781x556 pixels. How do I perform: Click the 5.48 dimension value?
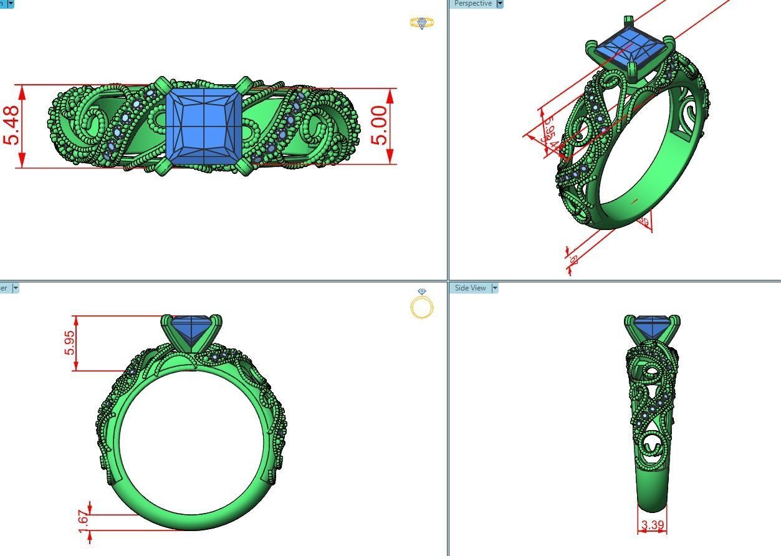[11, 126]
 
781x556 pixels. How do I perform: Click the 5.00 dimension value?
[380, 125]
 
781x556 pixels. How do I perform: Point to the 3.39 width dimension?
[652, 525]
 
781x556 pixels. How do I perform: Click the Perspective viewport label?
[472, 4]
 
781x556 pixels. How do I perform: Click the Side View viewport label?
[470, 288]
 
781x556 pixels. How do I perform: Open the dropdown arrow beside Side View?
[495, 288]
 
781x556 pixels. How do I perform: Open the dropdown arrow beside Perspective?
[499, 4]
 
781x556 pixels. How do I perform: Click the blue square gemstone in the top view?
[204, 127]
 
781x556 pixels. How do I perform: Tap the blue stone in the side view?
[651, 327]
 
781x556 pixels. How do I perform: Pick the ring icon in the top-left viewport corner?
[422, 23]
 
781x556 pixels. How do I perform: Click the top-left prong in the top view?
[162, 84]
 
